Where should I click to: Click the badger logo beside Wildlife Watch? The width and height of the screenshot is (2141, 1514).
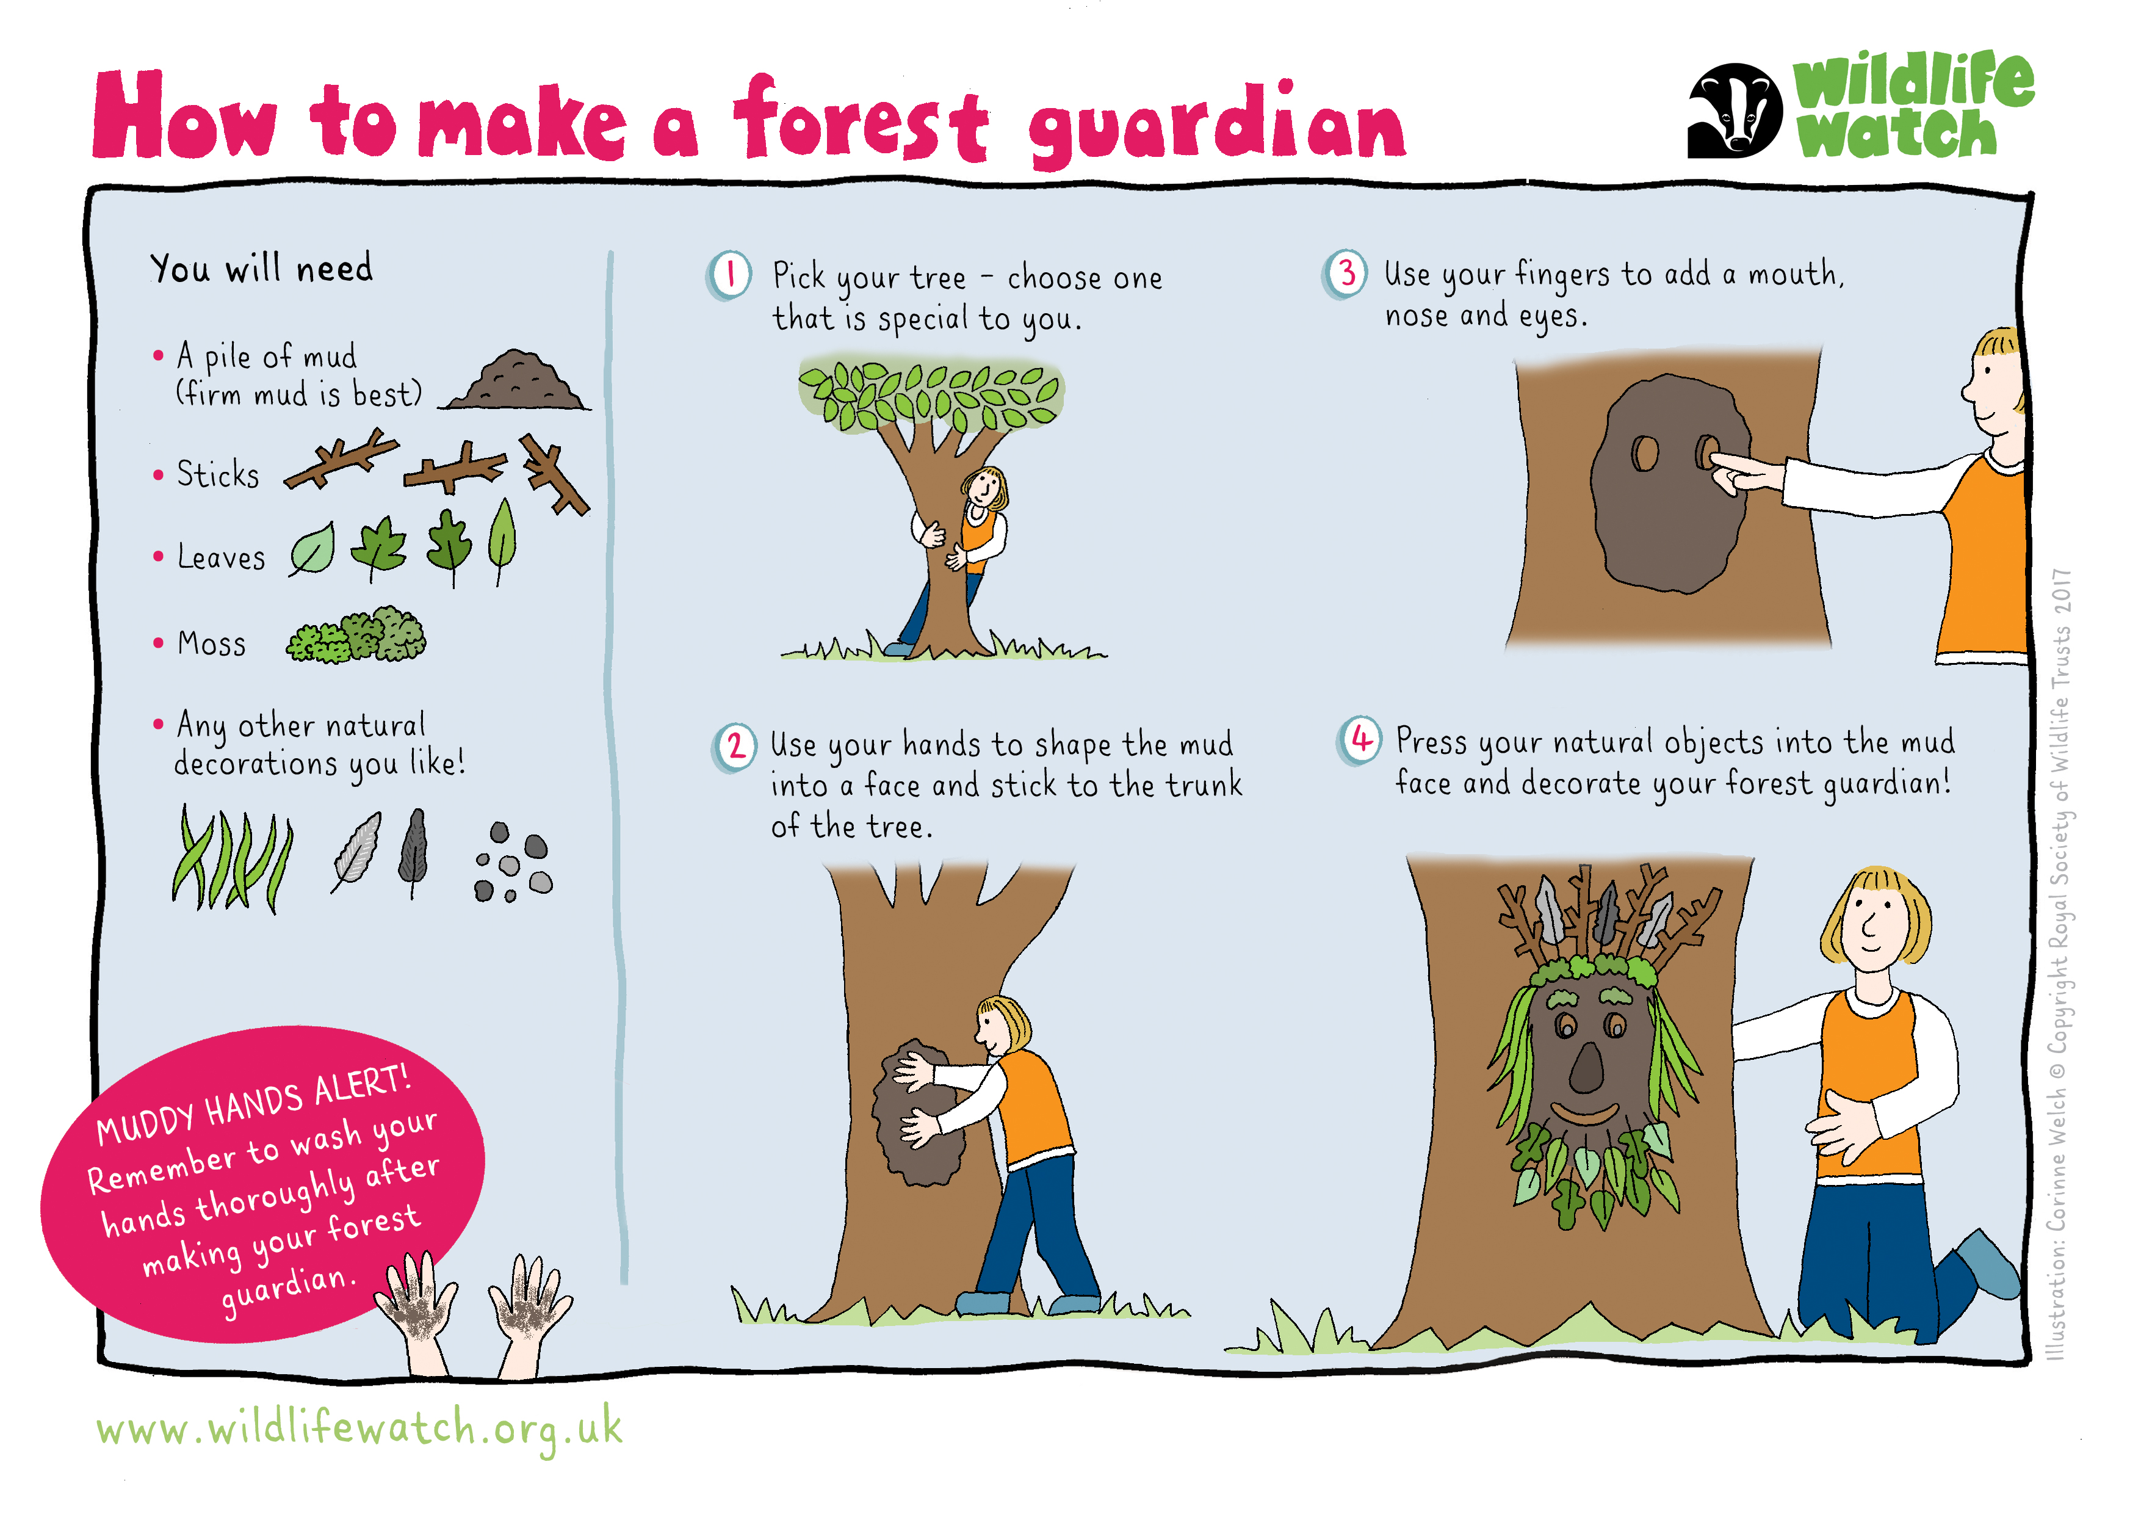[1735, 110]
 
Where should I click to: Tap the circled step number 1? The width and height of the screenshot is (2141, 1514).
[729, 275]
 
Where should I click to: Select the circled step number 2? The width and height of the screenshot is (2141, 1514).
[735, 746]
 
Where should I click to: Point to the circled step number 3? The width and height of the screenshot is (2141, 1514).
[1346, 273]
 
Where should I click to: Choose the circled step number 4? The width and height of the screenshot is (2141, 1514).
[1360, 741]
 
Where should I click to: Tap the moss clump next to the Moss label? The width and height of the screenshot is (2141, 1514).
[356, 636]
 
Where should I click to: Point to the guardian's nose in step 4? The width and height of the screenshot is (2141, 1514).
[1586, 1069]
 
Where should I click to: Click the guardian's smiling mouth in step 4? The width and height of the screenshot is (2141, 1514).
[1584, 1114]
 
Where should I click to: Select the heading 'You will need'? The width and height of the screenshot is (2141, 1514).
[261, 269]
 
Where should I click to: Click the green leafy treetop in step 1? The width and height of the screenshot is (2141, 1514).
[930, 394]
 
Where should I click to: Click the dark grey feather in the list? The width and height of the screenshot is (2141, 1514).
[413, 849]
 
